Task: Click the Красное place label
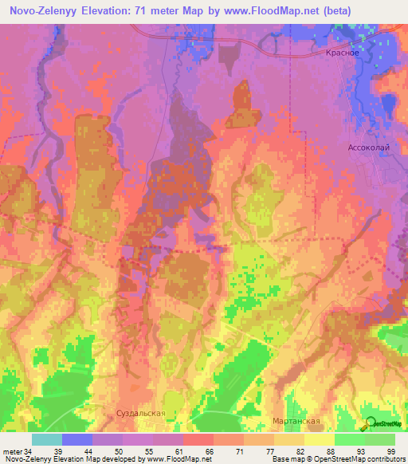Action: pyautogui.click(x=344, y=52)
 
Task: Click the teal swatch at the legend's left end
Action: pyautogui.click(x=46, y=439)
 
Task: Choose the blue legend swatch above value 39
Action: pyautogui.click(x=76, y=439)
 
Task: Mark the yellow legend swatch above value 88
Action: pyautogui.click(x=319, y=439)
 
